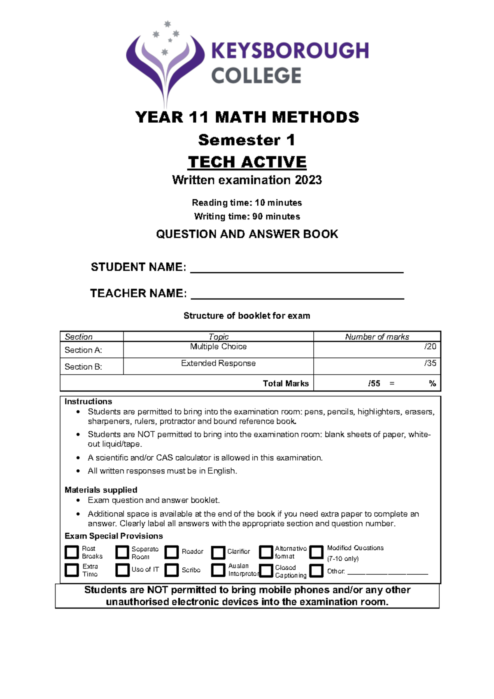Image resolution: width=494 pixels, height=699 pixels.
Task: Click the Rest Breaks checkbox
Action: (x=72, y=552)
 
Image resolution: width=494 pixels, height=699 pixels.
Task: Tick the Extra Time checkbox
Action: (x=72, y=570)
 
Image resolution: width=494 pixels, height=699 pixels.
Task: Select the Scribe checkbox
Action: (x=172, y=570)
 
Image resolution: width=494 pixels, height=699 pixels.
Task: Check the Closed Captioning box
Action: (x=266, y=571)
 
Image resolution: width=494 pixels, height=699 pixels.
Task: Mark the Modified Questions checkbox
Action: (x=316, y=552)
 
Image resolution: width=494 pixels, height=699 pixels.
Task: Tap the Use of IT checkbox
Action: (x=122, y=570)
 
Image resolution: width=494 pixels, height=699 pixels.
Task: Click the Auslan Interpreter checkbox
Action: (x=218, y=570)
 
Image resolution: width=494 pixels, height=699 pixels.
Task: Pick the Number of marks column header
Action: (x=377, y=337)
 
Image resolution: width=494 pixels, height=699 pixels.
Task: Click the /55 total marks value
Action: (x=374, y=383)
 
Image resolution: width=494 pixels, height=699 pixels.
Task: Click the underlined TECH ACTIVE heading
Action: (x=247, y=162)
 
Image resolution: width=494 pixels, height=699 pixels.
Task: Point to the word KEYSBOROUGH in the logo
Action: (x=290, y=51)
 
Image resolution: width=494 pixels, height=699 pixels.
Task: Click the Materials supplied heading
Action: (x=101, y=490)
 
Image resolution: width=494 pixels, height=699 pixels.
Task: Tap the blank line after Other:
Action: (x=387, y=572)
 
